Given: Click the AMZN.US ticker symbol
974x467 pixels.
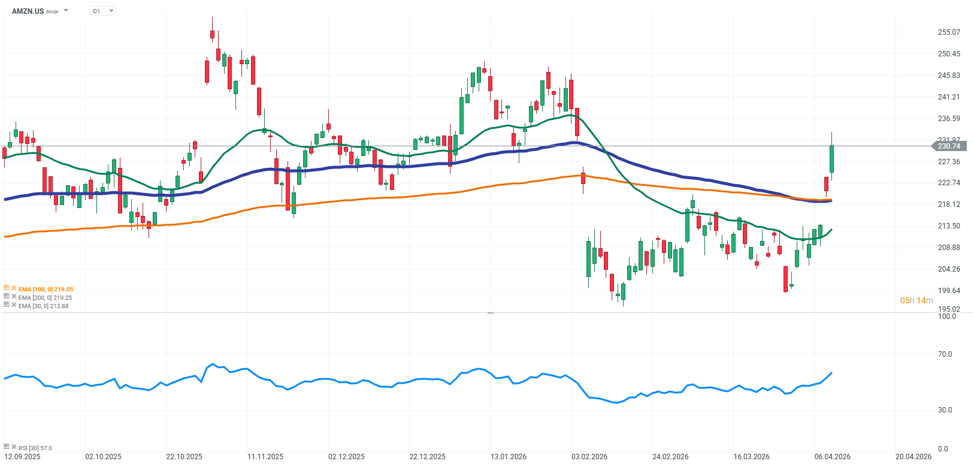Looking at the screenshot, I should tap(28, 11).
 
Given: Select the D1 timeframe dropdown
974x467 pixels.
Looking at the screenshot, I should tap(102, 11).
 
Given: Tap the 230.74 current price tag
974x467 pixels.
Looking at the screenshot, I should tap(948, 146).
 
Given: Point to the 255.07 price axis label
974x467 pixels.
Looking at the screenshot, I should tap(948, 32).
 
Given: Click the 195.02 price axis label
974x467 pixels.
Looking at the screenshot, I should tap(948, 309).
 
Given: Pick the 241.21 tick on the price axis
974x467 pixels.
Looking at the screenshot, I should tap(948, 97).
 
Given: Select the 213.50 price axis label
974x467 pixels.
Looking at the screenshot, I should tap(948, 226).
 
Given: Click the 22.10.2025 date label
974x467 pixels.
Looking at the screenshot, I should tap(184, 457).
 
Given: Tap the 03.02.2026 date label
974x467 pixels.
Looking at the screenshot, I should tap(589, 457).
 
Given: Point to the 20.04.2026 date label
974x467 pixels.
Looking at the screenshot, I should tap(913, 457).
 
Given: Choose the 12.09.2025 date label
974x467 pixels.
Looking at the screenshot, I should tap(22, 457).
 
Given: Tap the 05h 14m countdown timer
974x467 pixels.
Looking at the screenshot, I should tap(916, 300).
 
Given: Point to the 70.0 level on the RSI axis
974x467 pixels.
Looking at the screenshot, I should tap(945, 354).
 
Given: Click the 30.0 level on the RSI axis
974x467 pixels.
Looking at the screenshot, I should tap(945, 410).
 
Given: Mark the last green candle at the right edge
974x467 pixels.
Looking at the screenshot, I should tap(831, 159).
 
